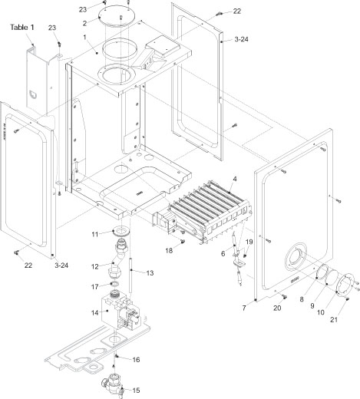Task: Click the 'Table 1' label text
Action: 22,27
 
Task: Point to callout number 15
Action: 137,390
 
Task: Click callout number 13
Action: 150,272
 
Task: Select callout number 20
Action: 278,308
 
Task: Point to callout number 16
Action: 137,359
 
